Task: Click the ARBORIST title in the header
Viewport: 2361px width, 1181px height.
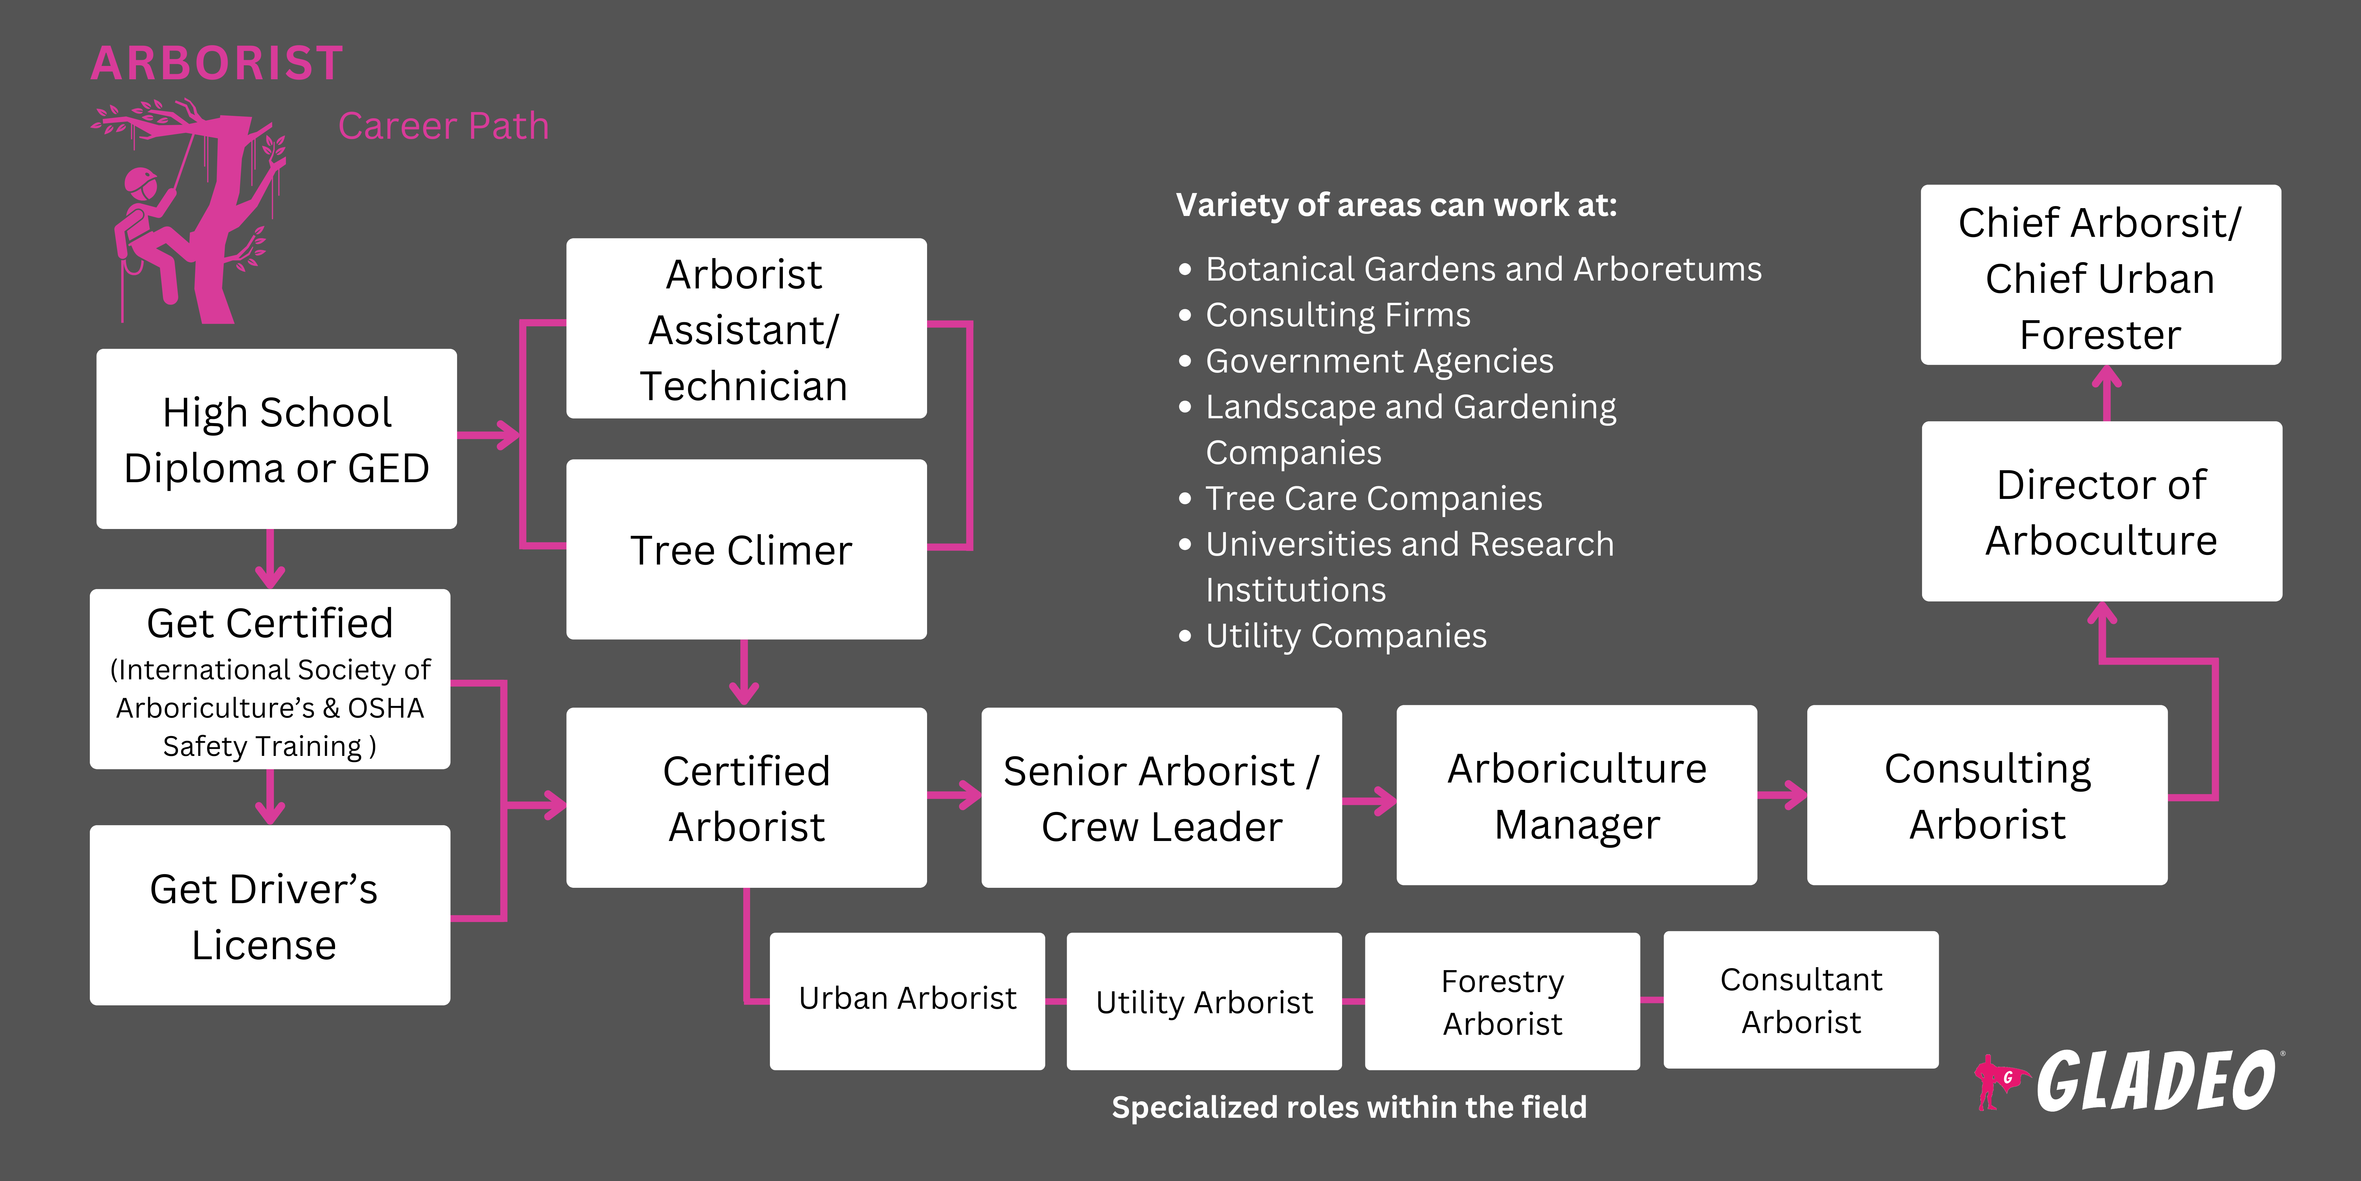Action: tap(217, 63)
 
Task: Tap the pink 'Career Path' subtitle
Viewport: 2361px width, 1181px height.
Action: tap(444, 126)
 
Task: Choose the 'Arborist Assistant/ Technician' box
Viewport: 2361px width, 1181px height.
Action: tap(746, 329)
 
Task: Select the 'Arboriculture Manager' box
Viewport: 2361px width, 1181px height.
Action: tap(1576, 795)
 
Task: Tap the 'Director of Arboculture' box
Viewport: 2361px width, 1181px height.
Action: tap(2102, 512)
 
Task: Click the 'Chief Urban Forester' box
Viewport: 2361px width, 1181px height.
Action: tap(2101, 275)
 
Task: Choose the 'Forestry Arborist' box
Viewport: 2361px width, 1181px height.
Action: tap(1502, 1001)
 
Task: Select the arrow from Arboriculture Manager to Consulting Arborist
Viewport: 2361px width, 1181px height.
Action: tap(1783, 795)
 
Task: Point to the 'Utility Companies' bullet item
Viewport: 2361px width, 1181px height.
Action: tap(1345, 635)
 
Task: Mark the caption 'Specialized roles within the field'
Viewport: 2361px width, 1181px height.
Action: tap(1349, 1107)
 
